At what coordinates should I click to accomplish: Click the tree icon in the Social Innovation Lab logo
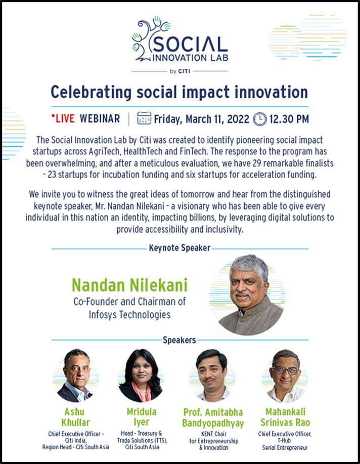coord(149,38)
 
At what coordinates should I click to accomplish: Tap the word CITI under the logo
coord(184,71)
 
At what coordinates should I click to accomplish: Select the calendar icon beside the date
coord(144,118)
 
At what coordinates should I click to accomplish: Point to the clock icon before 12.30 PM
coord(260,119)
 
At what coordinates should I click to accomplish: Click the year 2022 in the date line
coord(238,119)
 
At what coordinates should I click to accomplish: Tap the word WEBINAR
coord(100,119)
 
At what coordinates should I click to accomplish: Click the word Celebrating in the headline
coord(91,92)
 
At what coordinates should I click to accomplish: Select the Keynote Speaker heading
coord(179,247)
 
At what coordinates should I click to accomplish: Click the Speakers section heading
coord(179,341)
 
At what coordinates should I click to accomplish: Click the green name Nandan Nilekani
coord(129,285)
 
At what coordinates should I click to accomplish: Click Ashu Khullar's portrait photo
coord(76,375)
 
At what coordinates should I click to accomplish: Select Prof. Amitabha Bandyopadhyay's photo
coord(212,375)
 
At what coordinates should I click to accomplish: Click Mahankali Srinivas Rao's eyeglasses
coord(286,370)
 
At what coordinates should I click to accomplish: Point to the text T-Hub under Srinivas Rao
coord(284,441)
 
